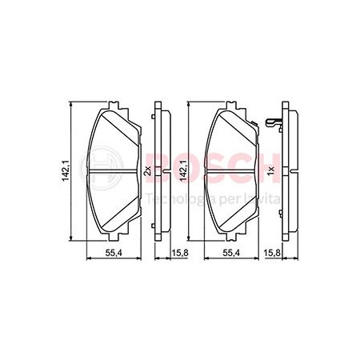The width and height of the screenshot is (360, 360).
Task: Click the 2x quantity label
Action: point(147,170)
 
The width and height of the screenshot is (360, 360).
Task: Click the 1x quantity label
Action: point(271,169)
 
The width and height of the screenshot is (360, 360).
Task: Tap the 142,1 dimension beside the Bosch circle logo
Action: point(66,170)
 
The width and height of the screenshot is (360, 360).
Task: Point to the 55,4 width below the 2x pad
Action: point(114,253)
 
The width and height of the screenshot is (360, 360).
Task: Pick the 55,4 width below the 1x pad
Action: point(231,253)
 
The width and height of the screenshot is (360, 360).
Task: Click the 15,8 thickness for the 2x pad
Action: point(180,253)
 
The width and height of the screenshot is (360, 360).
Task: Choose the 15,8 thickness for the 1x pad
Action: point(272,253)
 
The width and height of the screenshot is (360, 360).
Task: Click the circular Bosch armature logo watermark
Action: point(102,168)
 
